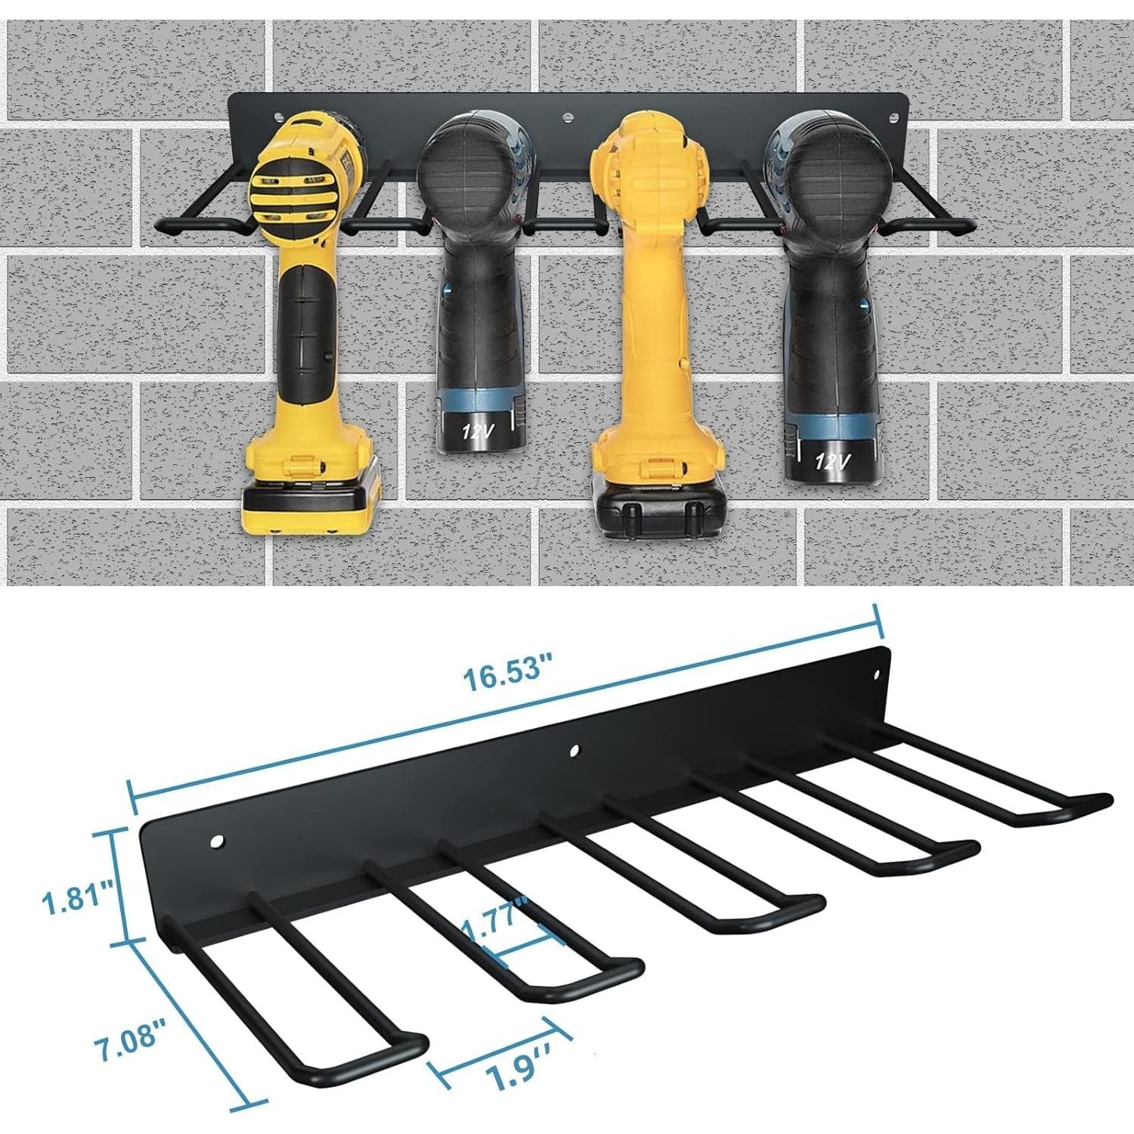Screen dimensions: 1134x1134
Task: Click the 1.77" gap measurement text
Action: (496, 919)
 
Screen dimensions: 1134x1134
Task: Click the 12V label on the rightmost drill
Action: (832, 460)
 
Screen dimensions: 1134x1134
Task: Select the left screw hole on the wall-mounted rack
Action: (280, 117)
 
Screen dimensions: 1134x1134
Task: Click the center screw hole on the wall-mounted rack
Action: (567, 118)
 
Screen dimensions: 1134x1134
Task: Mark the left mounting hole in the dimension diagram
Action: (218, 841)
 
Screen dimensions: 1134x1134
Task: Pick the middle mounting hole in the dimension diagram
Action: (575, 751)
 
